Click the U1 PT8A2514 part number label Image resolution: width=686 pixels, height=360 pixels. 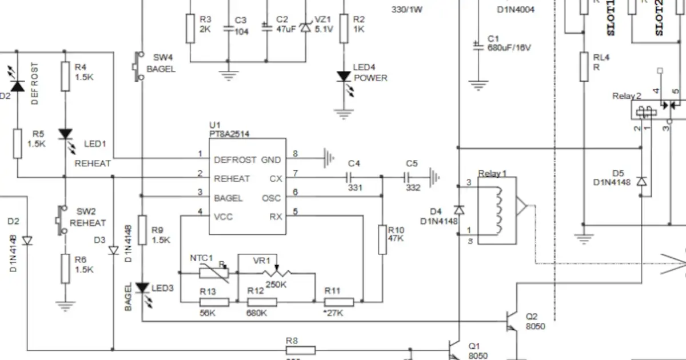pos(229,134)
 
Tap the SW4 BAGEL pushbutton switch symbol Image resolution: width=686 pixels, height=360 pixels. pos(138,66)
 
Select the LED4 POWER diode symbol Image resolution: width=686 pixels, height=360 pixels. pos(344,77)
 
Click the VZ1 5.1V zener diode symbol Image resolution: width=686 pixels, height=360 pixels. pos(305,26)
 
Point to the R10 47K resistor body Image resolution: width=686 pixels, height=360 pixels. pos(383,239)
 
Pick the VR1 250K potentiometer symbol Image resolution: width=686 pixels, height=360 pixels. pos(276,273)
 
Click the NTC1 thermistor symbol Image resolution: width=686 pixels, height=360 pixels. pos(214,273)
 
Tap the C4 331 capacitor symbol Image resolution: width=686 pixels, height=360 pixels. pos(354,177)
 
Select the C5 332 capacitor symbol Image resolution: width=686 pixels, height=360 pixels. pos(412,177)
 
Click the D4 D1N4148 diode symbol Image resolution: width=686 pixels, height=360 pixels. pos(458,210)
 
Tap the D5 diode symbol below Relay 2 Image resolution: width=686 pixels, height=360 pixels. pos(642,182)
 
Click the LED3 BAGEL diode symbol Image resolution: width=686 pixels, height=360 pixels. pos(142,289)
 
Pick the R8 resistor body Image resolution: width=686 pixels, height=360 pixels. pos(300,350)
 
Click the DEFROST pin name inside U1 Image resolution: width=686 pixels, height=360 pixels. pos(235,160)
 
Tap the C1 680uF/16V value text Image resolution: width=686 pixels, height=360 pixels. pos(509,48)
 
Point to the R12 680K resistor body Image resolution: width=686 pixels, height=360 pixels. pos(262,302)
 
